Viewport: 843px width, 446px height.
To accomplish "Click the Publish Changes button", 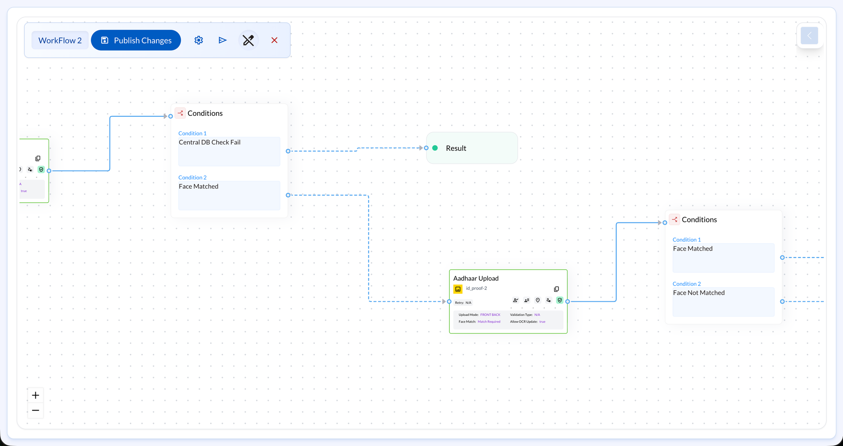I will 136,40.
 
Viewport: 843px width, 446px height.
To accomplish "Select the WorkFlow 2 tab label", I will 60,40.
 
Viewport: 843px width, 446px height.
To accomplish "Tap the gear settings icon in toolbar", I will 199,40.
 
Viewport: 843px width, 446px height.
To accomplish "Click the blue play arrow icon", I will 223,40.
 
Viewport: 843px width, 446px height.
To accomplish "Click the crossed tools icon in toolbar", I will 248,40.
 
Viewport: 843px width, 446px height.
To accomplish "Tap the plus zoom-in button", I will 36,395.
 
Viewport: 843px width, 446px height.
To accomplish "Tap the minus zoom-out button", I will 36,410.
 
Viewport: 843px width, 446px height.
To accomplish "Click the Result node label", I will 456,148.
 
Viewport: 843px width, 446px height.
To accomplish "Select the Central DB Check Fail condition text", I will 209,142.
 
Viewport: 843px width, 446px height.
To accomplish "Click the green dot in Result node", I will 435,148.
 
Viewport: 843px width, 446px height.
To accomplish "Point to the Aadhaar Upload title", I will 476,278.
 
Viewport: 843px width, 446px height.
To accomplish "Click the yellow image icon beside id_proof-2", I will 458,289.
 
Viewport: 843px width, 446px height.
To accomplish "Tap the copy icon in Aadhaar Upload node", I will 556,289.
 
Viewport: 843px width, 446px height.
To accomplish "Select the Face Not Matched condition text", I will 698,293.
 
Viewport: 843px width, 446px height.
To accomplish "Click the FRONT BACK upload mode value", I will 490,315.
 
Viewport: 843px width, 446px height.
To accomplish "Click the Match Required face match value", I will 489,322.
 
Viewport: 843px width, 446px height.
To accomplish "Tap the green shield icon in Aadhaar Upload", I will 560,300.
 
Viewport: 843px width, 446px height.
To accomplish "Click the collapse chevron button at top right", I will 809,36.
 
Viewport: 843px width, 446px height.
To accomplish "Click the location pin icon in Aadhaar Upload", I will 538,300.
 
